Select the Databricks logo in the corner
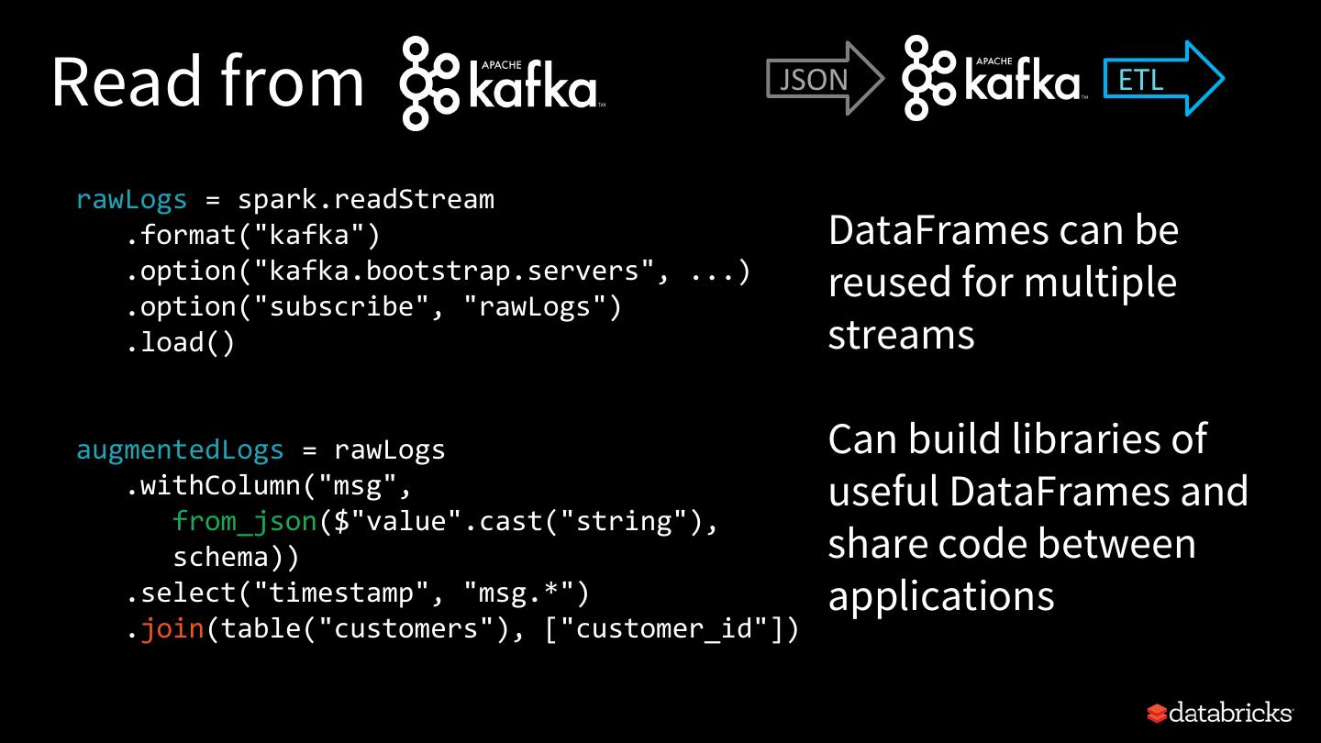click(1219, 713)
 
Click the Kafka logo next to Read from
click(499, 83)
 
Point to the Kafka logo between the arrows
click(991, 78)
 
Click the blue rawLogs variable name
click(131, 199)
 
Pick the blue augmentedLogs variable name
click(180, 449)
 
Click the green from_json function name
click(244, 521)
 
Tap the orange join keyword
click(172, 628)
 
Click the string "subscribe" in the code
click(341, 306)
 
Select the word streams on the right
click(901, 335)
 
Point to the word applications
click(941, 596)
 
